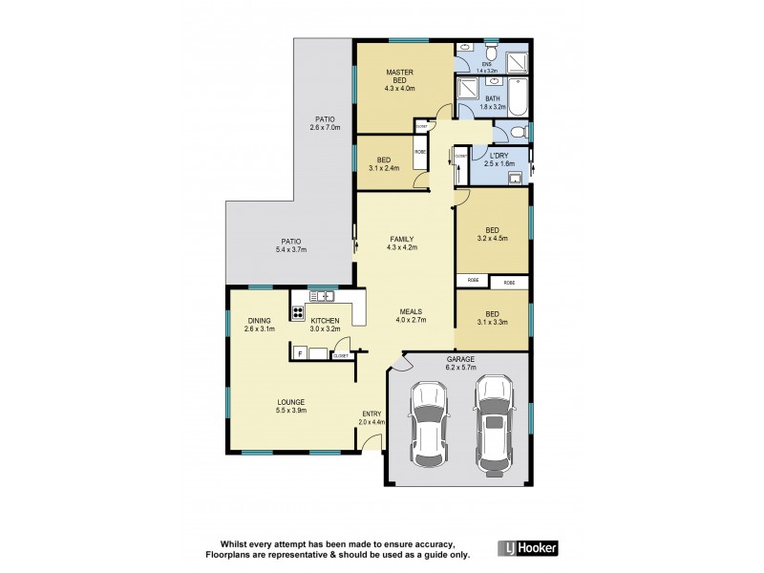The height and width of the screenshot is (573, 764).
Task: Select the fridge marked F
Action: pyautogui.click(x=300, y=353)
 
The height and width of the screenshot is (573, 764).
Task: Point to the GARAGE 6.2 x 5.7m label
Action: pyautogui.click(x=460, y=363)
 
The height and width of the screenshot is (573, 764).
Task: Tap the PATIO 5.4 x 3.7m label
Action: pyautogui.click(x=291, y=245)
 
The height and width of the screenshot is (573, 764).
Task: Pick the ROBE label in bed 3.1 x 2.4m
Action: pyautogui.click(x=419, y=152)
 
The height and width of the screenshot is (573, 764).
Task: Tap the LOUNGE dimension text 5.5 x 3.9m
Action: pyautogui.click(x=291, y=411)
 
